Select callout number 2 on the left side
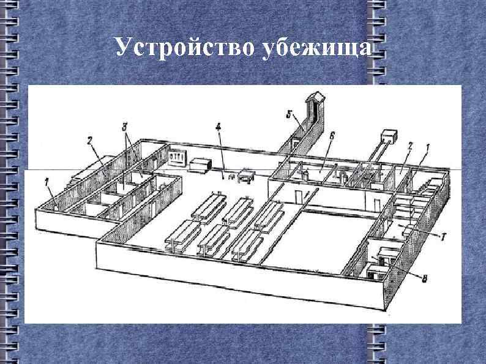click(x=89, y=141)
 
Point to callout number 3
click(x=124, y=127)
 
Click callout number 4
click(x=218, y=128)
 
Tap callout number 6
click(x=331, y=135)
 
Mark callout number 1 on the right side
click(x=427, y=147)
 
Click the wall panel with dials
click(x=176, y=157)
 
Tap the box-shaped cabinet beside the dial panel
click(x=200, y=165)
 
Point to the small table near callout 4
click(x=246, y=176)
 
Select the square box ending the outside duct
click(x=389, y=135)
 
